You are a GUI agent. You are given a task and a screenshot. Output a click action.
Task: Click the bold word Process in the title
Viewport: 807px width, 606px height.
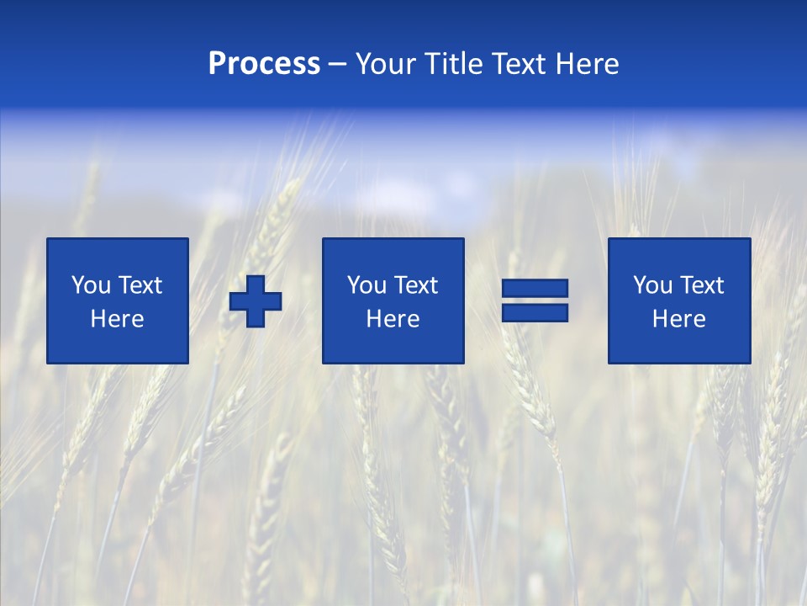(264, 64)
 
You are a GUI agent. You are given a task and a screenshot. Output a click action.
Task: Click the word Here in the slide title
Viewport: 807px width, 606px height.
(588, 64)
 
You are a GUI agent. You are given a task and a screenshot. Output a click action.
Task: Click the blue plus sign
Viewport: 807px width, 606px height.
(256, 301)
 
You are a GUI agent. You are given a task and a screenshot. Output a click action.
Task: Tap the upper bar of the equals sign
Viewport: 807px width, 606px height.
(535, 289)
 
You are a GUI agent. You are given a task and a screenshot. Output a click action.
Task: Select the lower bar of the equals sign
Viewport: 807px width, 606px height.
(535, 313)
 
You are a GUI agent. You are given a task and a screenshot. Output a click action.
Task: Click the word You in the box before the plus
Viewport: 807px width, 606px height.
(91, 285)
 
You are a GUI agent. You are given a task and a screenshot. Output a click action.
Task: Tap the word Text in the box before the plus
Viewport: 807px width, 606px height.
(140, 285)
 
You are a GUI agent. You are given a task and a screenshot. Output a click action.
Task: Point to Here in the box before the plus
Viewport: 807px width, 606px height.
(118, 319)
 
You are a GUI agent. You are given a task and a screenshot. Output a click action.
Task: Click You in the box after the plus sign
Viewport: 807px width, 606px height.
(367, 285)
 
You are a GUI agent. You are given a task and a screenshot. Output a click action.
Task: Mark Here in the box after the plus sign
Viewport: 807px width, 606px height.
(393, 319)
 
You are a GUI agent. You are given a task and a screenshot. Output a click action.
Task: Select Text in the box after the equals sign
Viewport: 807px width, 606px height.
(701, 285)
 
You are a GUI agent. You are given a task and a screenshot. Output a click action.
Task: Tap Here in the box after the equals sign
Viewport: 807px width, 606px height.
(679, 319)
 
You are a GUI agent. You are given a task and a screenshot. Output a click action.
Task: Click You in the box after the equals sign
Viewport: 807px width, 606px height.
(652, 285)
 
